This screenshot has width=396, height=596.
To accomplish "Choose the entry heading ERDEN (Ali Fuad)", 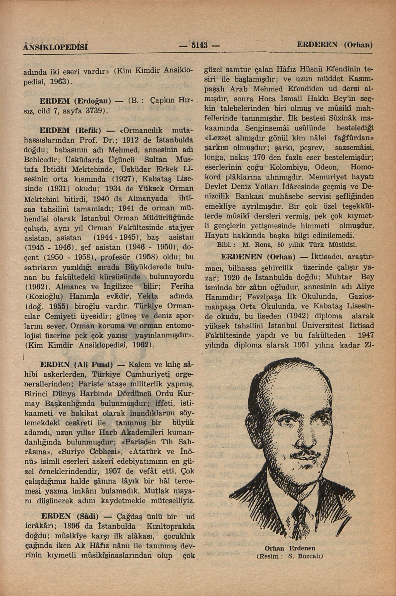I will [76, 365].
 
